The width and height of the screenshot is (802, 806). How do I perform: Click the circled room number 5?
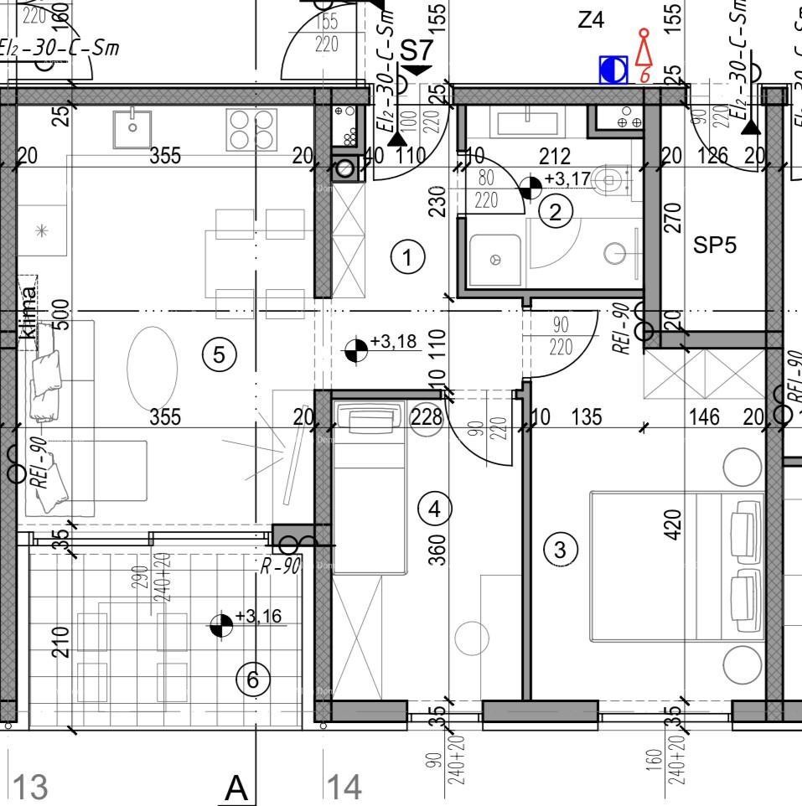coord(219,354)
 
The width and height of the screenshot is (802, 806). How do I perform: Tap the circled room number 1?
coord(407,257)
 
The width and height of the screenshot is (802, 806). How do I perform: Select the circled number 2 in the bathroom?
coord(555,212)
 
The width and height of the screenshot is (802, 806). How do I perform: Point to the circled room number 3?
coord(561,550)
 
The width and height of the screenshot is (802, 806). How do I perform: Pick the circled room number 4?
coord(434,508)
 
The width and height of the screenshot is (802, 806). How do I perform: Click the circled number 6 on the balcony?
coord(252,679)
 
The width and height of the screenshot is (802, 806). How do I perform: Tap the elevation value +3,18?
coord(393,342)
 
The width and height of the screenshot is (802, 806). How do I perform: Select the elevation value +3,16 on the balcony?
coord(258,617)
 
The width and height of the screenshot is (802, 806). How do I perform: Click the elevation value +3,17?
coord(567,178)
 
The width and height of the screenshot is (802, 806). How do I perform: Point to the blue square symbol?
coord(613,70)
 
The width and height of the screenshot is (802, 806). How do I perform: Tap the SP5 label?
coord(715,245)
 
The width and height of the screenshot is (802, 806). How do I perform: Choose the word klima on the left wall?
coord(28,313)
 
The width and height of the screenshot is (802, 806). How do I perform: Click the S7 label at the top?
coord(417,49)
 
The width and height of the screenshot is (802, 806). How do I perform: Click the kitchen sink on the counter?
coord(132,127)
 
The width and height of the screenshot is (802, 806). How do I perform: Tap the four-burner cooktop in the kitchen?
coord(251,129)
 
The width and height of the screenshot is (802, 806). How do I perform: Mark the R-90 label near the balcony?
coord(279,566)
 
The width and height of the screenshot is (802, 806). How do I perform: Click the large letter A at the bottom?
coord(237,788)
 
